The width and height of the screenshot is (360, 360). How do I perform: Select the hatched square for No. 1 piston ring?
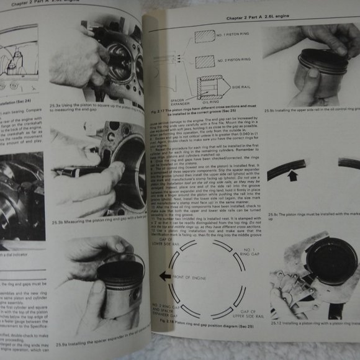tap(204, 36)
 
